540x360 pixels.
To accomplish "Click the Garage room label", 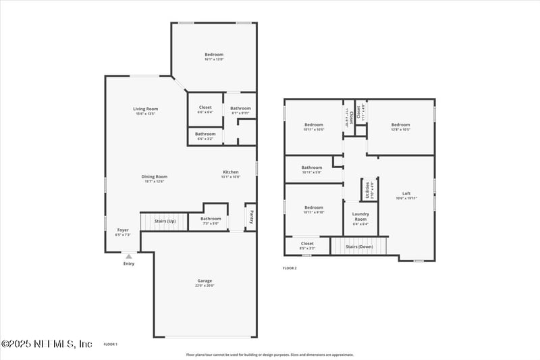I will (205, 281).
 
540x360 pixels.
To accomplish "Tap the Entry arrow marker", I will (128, 257).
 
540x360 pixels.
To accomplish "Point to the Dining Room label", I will (154, 177).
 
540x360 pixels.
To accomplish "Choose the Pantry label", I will (250, 216).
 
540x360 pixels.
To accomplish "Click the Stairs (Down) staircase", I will (360, 247).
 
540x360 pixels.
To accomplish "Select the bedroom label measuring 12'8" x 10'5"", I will (400, 125).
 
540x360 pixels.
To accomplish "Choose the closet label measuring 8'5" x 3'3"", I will (307, 244).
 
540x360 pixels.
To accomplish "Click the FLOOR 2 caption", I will (290, 268).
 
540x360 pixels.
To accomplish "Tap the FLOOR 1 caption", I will (110, 344).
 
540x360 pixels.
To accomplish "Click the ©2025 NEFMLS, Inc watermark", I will (47, 344).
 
